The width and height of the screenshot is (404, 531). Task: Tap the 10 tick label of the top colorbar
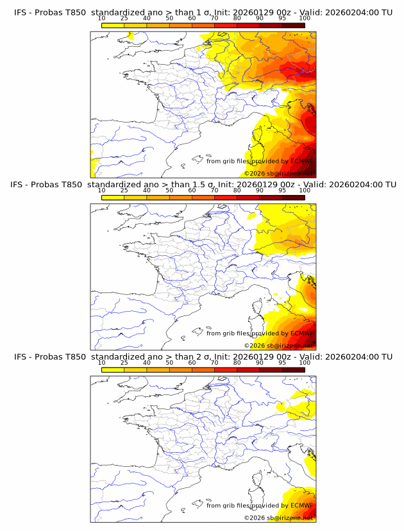[102, 19]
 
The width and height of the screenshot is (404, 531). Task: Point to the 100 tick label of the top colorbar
[305, 19]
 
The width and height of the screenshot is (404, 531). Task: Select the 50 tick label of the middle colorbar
[169, 190]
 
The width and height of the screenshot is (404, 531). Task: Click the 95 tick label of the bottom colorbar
[282, 362]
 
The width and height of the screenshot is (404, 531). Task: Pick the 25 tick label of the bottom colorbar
[124, 362]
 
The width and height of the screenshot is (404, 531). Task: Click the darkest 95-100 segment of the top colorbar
[293, 25]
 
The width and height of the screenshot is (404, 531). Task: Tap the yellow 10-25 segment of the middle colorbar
[113, 197]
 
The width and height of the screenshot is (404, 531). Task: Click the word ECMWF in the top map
[302, 162]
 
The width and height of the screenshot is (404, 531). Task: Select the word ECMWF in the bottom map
[302, 505]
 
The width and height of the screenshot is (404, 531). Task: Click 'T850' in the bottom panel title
[74, 357]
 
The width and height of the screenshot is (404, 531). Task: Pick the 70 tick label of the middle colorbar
[214, 190]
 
